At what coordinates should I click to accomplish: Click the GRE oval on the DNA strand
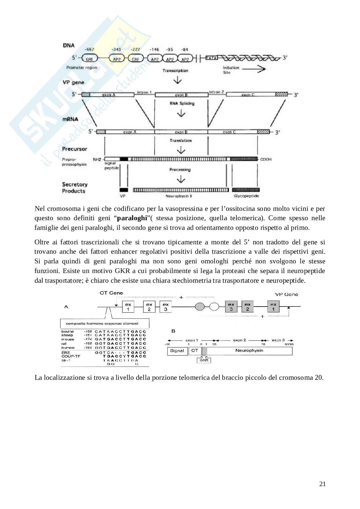pyautogui.click(x=89, y=59)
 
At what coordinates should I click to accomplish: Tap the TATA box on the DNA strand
pyautogui.click(x=211, y=58)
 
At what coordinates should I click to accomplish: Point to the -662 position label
pyautogui.click(x=89, y=49)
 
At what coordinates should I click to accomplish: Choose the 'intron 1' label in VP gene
pyautogui.click(x=144, y=92)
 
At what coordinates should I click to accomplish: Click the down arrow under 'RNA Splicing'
pyautogui.click(x=181, y=113)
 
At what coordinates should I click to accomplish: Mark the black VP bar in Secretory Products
pyautogui.click(x=124, y=190)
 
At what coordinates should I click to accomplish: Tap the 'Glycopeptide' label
pyautogui.click(x=246, y=196)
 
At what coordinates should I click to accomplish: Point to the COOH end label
pyautogui.click(x=266, y=159)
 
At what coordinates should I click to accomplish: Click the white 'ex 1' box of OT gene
pyautogui.click(x=128, y=307)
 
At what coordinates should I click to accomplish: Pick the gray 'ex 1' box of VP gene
pyautogui.click(x=273, y=307)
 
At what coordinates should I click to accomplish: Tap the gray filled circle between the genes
pyautogui.click(x=200, y=306)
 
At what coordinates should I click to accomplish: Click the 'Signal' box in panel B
pyautogui.click(x=177, y=351)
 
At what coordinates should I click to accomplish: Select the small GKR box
pyautogui.click(x=204, y=360)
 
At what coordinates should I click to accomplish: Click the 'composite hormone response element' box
pyautogui.click(x=105, y=323)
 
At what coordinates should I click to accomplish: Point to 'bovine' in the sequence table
pyautogui.click(x=67, y=331)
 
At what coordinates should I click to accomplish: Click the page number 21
pyautogui.click(x=322, y=484)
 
